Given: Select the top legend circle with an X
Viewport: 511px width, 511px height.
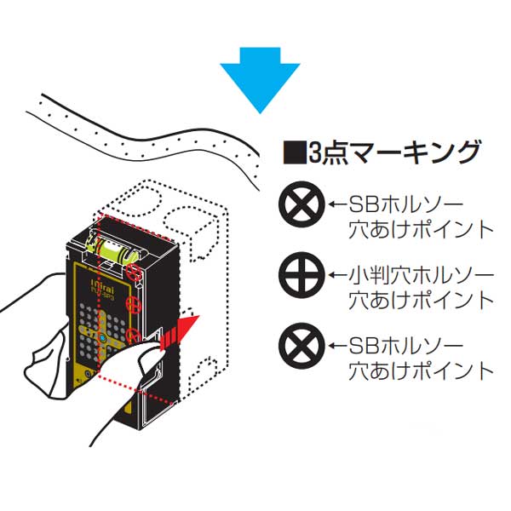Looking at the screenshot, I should click(301, 205).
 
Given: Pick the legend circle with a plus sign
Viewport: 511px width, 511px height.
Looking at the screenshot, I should click(301, 275).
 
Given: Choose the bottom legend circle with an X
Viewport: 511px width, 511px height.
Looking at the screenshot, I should click(301, 347).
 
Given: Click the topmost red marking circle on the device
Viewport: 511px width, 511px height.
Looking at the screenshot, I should click(135, 272).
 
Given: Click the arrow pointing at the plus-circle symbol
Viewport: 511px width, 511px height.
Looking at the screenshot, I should click(337, 276).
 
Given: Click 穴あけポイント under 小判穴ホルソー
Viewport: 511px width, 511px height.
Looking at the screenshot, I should click(422, 300).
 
